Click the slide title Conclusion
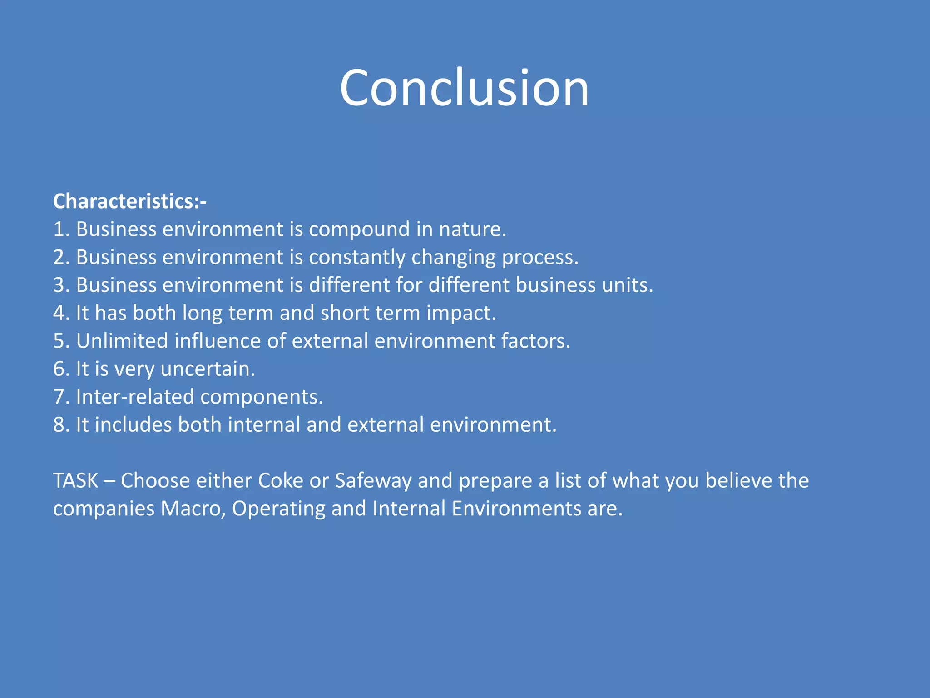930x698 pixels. pos(464,88)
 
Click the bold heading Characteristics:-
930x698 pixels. pos(129,201)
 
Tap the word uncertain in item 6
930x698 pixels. pos(208,369)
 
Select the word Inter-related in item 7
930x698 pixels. pos(135,397)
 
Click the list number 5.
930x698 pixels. pos(60,341)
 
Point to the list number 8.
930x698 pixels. pos(60,425)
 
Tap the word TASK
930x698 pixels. pos(75,481)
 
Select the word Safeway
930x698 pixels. pos(373,481)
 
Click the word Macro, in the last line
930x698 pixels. pos(193,509)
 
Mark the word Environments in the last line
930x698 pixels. pos(516,509)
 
